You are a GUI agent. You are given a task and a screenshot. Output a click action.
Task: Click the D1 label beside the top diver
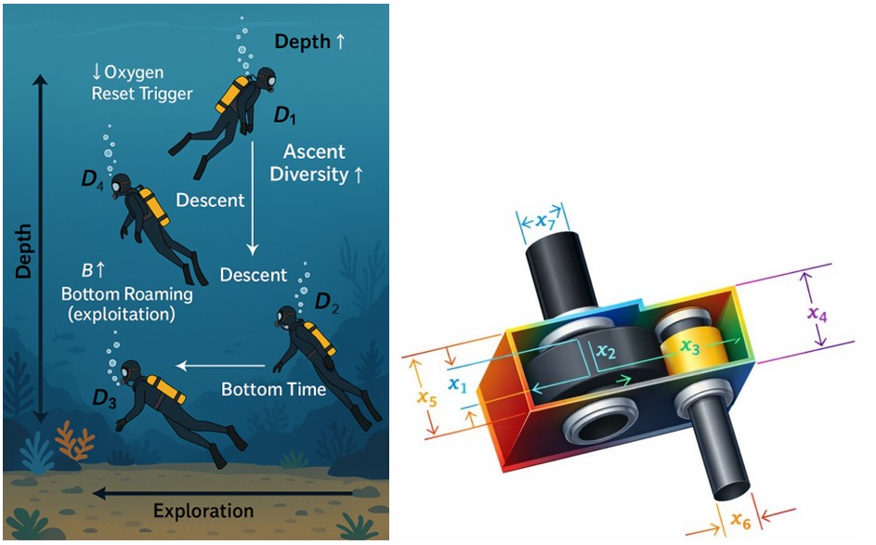285,115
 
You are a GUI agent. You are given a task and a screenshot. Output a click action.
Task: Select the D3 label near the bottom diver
104,398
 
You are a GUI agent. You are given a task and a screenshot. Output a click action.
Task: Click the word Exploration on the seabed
203,511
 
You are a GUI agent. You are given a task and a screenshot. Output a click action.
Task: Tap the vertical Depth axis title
23,252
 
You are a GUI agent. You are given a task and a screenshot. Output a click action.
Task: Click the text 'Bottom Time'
274,389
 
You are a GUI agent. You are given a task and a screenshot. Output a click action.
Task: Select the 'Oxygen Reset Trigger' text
142,83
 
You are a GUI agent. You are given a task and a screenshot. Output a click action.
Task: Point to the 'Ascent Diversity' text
316,162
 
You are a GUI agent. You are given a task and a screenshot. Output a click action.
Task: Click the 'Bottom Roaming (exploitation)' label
127,304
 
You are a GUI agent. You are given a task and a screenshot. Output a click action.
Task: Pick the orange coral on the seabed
74,441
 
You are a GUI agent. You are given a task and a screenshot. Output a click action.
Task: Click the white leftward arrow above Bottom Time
221,367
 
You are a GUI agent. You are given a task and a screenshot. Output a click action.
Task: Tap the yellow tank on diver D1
232,95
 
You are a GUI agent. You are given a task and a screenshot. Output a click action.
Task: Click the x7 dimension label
545,221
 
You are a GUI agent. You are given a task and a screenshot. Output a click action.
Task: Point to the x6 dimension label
740,521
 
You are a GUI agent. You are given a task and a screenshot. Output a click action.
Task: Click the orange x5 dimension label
426,397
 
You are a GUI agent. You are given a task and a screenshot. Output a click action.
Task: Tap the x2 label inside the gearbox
606,351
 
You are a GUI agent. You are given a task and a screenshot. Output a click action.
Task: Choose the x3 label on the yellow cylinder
690,347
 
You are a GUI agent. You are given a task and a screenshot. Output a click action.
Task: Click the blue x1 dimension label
458,384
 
